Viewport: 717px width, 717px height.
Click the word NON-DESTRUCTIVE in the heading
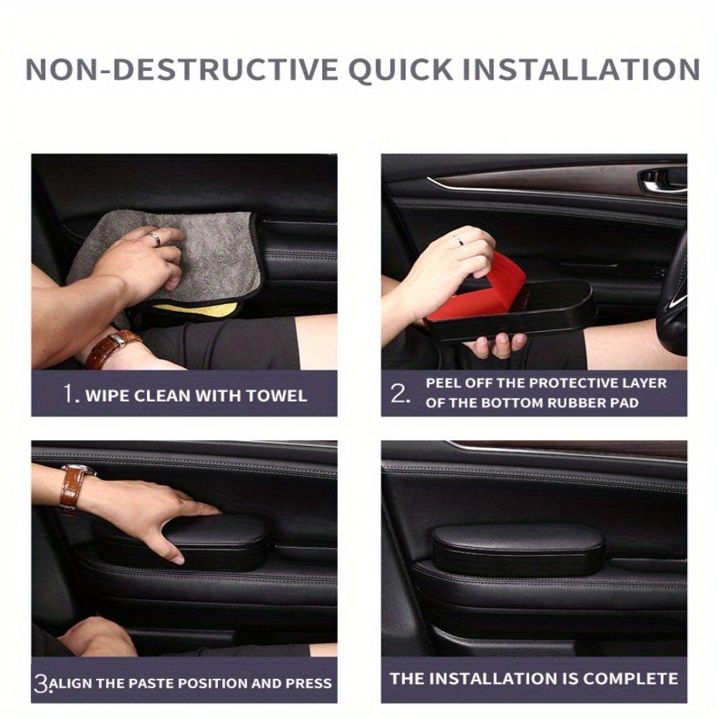(181, 70)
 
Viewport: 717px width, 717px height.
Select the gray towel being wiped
(208, 251)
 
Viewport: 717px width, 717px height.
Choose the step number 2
(400, 393)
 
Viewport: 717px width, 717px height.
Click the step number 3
(41, 683)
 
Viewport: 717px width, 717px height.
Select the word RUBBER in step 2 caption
(576, 403)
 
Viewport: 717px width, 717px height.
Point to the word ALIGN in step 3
(75, 684)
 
